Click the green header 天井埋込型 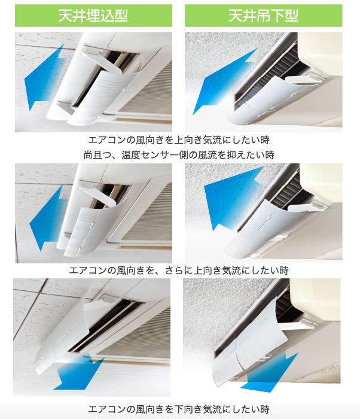[93, 16]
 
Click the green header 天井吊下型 [263, 16]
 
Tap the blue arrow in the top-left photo [44, 77]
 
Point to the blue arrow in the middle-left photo [47, 218]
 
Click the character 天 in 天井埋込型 [65, 16]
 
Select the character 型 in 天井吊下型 [291, 16]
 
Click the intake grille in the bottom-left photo [139, 336]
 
